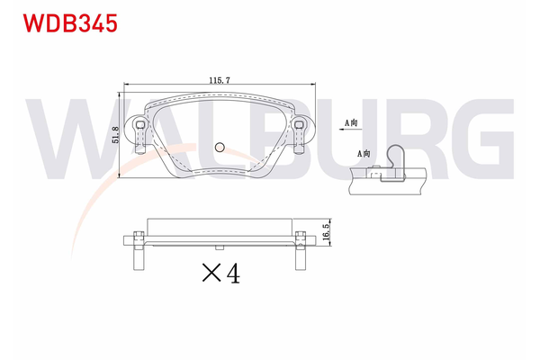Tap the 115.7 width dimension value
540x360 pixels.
pyautogui.click(x=219, y=79)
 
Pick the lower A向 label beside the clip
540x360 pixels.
pyautogui.click(x=364, y=155)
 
